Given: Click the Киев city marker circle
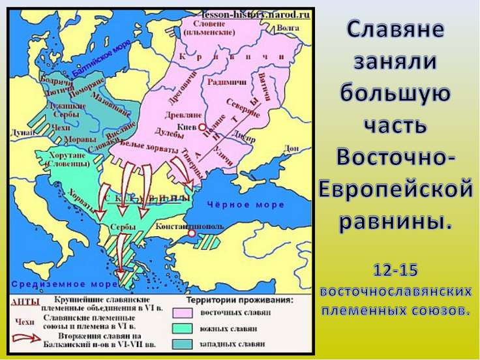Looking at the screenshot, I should point(202,128).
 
